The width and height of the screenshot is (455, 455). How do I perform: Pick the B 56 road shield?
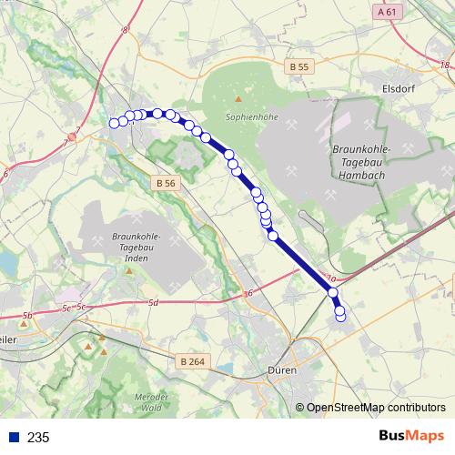[165, 183]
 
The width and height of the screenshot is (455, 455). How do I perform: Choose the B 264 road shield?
[192, 361]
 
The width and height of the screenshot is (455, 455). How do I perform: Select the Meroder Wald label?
[152, 402]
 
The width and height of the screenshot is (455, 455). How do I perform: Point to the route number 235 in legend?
[38, 438]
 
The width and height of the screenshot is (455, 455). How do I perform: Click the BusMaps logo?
[409, 437]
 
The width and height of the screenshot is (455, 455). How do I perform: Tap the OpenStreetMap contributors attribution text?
[375, 408]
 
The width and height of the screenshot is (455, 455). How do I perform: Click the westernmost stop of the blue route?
[114, 123]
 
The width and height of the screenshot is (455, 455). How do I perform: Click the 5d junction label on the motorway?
[153, 303]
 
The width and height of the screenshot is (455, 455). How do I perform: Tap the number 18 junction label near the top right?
[444, 65]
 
